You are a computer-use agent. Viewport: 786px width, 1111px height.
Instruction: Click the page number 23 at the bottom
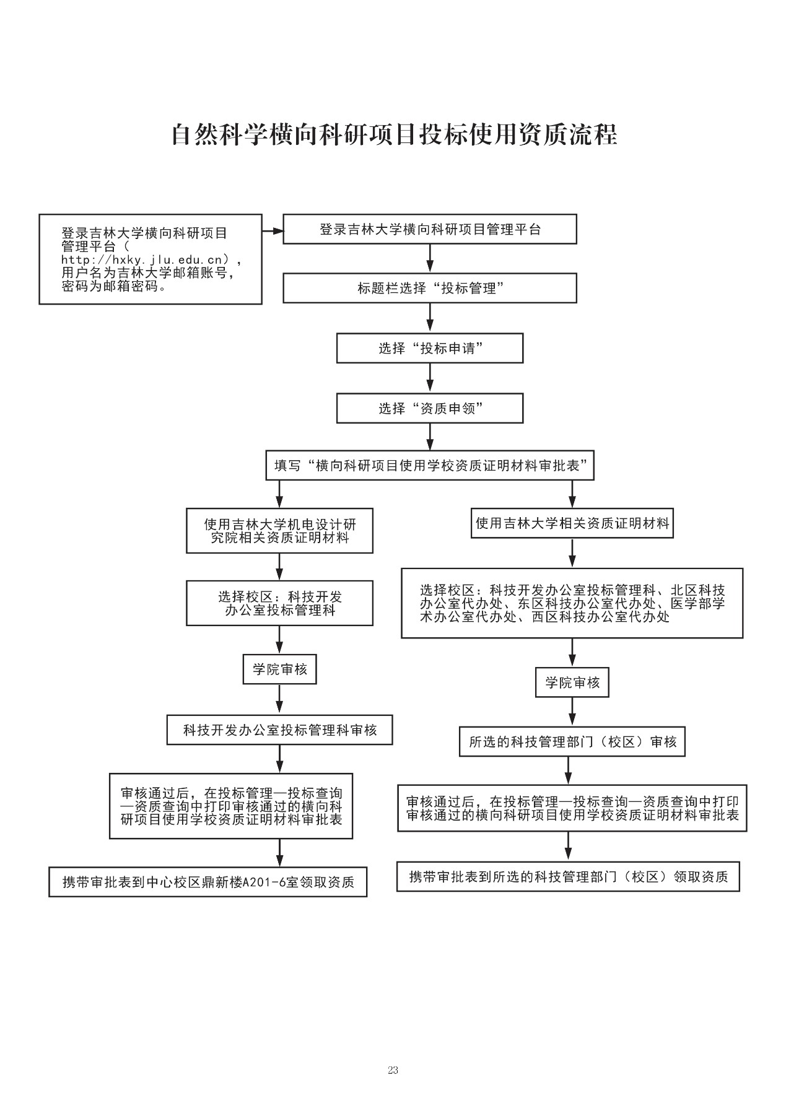click(393, 1070)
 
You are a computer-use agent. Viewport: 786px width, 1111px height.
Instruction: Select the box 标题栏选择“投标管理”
click(429, 289)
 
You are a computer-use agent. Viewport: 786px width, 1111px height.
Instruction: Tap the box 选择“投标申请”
click(429, 348)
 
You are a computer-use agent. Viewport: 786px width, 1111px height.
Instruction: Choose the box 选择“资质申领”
click(429, 409)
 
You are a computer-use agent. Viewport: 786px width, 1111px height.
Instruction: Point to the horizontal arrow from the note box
click(273, 231)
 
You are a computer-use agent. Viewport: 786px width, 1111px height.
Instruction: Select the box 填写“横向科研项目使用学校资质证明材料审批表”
click(429, 466)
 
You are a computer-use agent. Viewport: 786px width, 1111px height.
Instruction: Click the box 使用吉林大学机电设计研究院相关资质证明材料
click(279, 531)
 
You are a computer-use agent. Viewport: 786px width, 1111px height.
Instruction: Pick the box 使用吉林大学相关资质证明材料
click(572, 523)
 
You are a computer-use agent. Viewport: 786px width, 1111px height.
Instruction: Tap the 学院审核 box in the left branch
click(279, 669)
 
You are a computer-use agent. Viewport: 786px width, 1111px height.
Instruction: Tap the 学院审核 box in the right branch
click(572, 683)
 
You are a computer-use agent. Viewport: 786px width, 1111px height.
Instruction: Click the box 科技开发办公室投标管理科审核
click(279, 730)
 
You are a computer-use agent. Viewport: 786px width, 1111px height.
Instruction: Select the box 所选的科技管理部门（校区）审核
click(572, 742)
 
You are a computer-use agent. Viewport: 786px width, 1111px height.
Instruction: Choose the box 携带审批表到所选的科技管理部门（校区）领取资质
click(568, 877)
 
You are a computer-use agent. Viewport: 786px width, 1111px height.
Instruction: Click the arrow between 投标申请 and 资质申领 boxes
click(429, 378)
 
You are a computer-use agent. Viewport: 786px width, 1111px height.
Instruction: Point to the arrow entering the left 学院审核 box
click(279, 640)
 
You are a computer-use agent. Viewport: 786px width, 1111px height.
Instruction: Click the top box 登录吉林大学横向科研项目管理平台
click(429, 230)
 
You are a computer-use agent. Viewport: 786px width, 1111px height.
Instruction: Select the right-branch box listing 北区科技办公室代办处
click(572, 603)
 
